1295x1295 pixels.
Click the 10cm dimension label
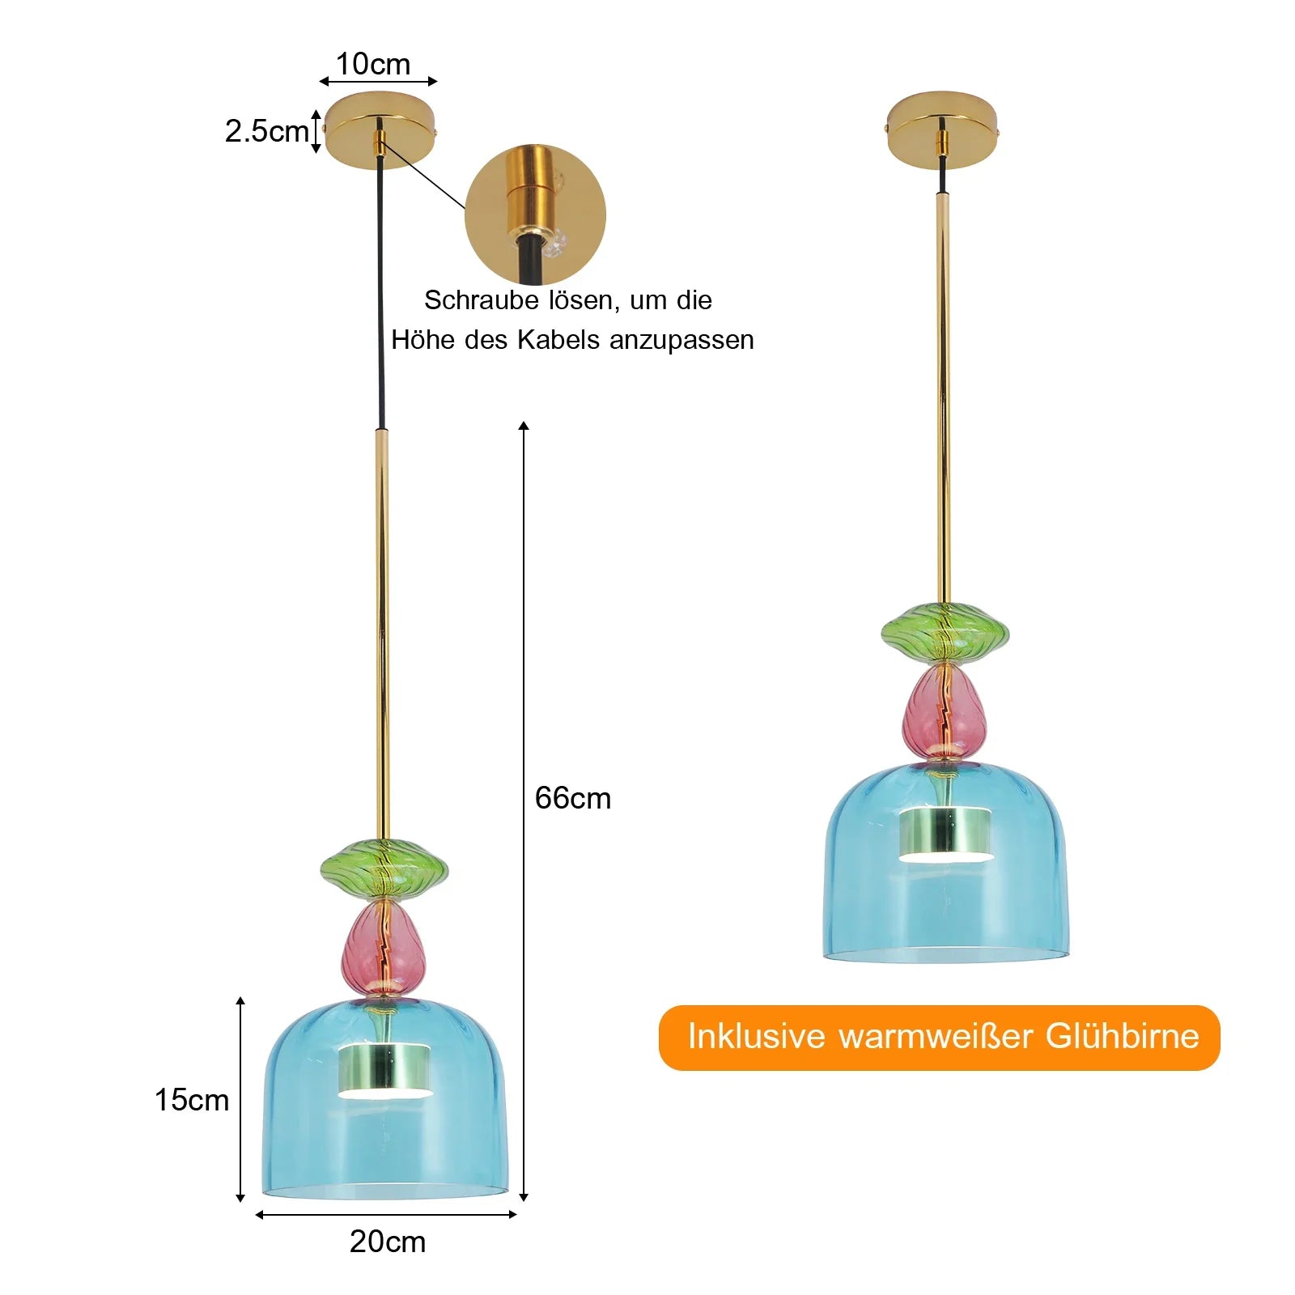(x=373, y=64)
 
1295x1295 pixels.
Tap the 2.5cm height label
(x=266, y=131)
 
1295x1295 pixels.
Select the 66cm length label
(x=572, y=798)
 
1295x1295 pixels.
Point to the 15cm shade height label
(x=192, y=1100)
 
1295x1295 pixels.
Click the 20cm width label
(x=388, y=1242)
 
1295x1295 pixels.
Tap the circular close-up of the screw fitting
(x=535, y=215)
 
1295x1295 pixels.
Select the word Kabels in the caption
(x=558, y=340)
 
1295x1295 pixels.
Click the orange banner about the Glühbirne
(x=939, y=1038)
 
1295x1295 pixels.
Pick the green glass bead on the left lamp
(x=384, y=869)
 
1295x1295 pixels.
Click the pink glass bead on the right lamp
(x=945, y=711)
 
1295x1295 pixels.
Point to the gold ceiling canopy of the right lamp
(x=941, y=129)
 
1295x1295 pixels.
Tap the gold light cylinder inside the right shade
(x=945, y=834)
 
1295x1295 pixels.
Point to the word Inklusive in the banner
(x=756, y=1037)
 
